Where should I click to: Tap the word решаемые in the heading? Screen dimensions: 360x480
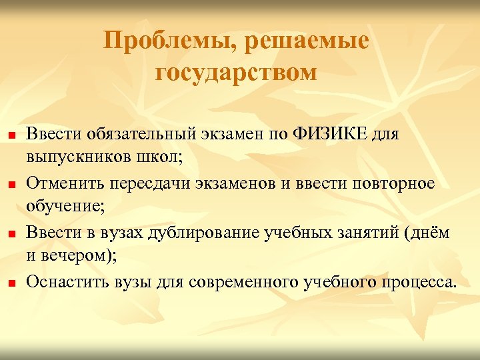(x=307, y=42)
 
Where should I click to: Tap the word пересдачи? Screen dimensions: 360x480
(x=144, y=183)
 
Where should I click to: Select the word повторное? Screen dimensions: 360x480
(x=391, y=183)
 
